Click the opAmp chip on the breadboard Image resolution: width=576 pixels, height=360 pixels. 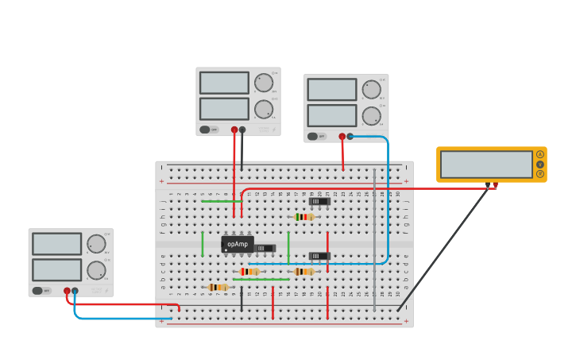coord(237,244)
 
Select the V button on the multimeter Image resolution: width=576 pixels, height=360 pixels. coord(540,164)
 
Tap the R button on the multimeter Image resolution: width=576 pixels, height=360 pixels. coord(540,173)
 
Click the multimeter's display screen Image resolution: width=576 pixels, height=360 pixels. coord(486,165)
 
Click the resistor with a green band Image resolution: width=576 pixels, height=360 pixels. coord(303,217)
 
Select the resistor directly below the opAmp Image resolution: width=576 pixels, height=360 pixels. coord(249,272)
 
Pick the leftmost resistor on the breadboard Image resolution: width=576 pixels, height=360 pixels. coord(217,287)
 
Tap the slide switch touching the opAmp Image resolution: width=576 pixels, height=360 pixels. coord(264,248)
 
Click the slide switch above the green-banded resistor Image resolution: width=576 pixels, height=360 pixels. coord(319,201)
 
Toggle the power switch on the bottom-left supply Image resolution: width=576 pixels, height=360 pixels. coord(38,291)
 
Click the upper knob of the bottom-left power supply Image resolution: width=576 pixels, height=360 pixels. coord(96,244)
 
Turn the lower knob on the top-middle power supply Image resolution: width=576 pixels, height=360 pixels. coord(264,109)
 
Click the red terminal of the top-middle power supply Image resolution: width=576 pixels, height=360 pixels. coord(234,130)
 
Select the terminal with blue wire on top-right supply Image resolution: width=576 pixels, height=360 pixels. coord(350,136)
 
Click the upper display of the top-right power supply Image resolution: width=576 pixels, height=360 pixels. coord(332,90)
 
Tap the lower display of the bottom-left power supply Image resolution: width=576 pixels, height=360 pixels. coord(56,269)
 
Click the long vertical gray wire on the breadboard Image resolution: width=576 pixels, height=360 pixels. coord(374,238)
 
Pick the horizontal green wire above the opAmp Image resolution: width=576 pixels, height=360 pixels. coord(221,201)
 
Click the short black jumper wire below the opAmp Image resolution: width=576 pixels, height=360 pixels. coord(242,300)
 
